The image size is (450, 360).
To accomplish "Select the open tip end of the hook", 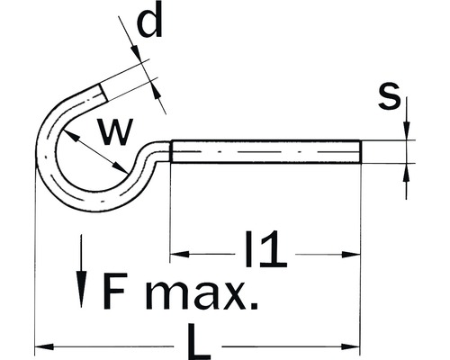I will coord(101,90).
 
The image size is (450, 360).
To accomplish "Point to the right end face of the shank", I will coord(360,151).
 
